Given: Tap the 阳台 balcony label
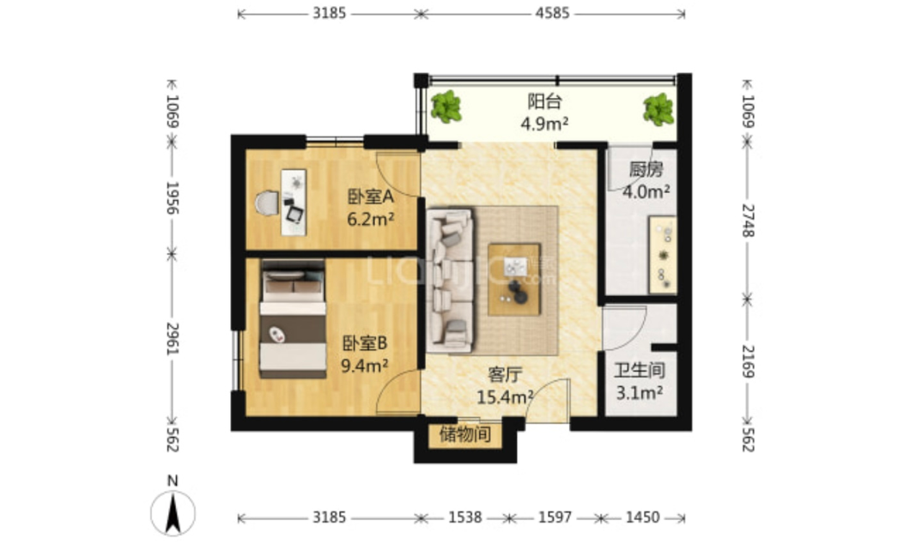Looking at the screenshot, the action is (544, 101).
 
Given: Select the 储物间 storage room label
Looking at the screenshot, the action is (464, 434).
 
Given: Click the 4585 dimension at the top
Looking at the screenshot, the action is (553, 13).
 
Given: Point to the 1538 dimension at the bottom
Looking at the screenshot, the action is (464, 517).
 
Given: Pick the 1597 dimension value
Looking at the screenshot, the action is (555, 517).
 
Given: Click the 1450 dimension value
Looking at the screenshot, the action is (642, 517).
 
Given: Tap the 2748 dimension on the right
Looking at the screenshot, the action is (748, 221).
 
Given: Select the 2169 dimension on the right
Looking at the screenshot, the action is (748, 361).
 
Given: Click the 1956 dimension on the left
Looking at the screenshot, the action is (173, 197).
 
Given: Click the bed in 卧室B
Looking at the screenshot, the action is (293, 320).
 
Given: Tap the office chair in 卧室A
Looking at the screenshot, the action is (267, 203).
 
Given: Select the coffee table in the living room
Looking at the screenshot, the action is (514, 279).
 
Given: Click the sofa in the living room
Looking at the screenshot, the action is (450, 281).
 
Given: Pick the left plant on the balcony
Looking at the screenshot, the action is (446, 106).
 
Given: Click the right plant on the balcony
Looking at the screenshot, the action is (658, 109).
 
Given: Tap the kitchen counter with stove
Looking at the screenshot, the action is (662, 254).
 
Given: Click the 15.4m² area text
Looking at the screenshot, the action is (505, 397).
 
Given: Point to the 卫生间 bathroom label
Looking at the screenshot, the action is (639, 370).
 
